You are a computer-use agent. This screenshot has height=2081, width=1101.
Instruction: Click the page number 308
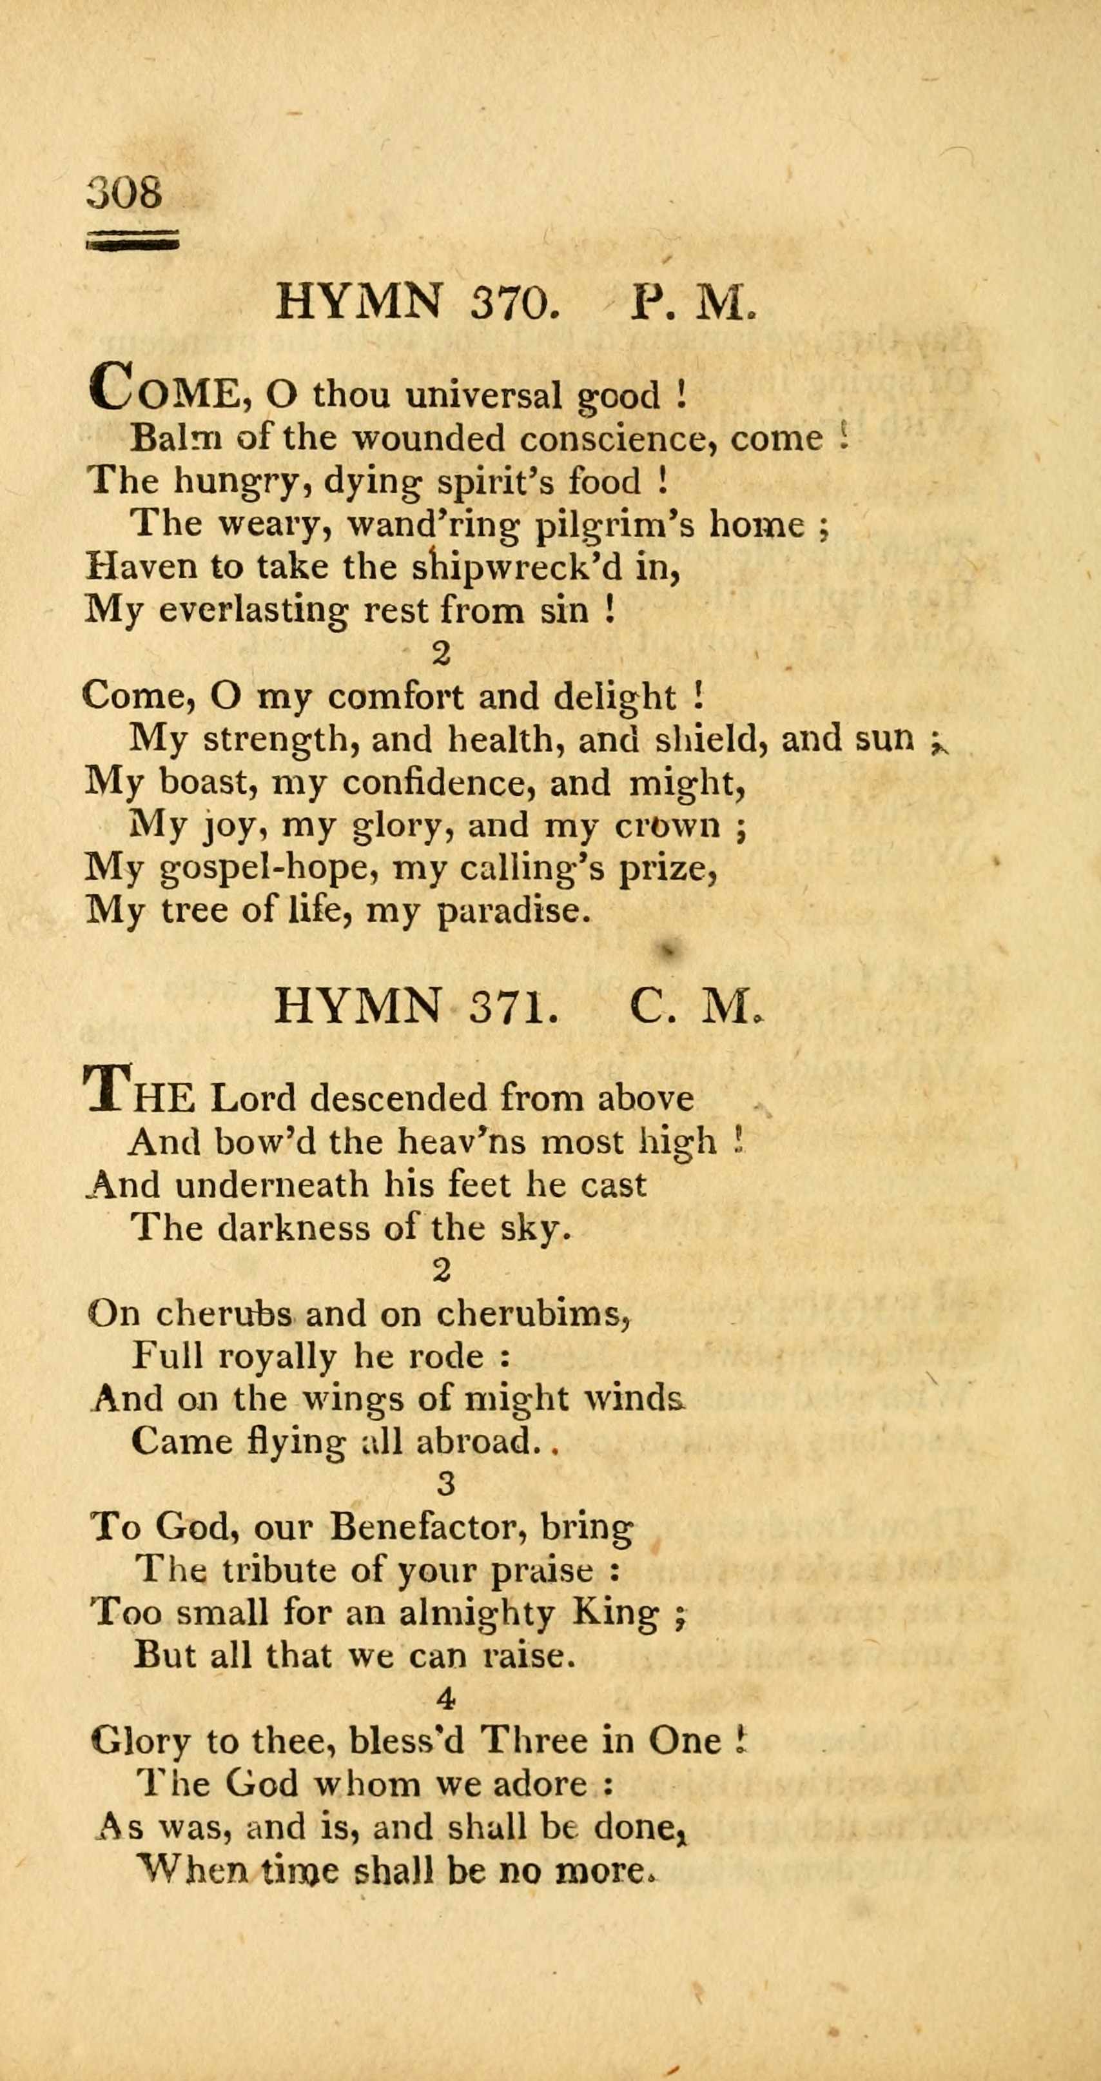click(x=124, y=192)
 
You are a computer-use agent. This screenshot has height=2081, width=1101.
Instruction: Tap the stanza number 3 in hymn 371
click(x=445, y=1483)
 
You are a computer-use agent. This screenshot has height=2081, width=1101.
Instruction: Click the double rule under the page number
click(x=132, y=240)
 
